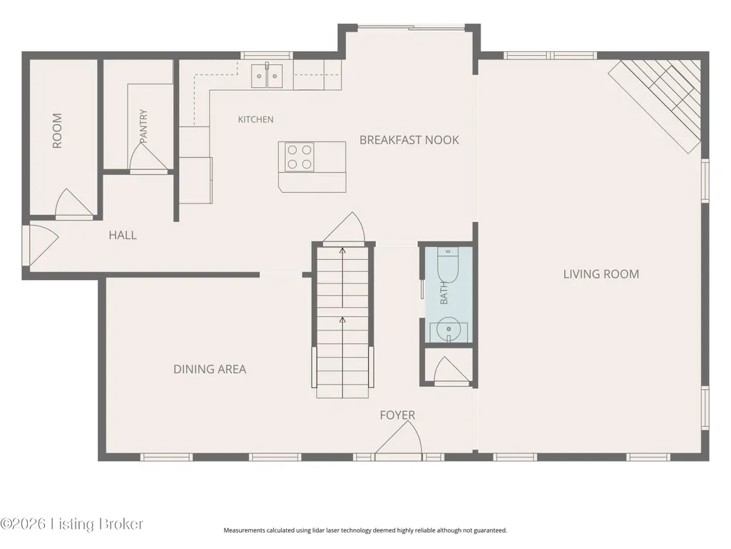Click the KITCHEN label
255,119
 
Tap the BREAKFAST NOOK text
409,140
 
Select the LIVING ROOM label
601,274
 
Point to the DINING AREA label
210,369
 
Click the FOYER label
397,415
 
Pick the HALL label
123,236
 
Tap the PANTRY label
143,126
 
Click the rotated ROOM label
57,131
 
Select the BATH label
444,293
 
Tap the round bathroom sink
449,330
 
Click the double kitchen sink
267,76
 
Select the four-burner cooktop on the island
300,157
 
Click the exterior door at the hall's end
42,246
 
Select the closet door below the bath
451,371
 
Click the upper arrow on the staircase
342,277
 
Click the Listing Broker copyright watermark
71,524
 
